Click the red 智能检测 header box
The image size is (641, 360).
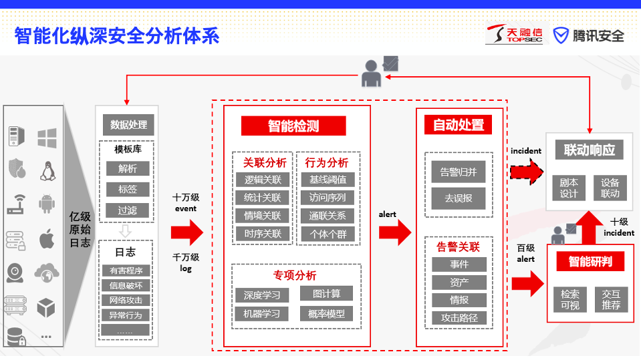[x=293, y=126]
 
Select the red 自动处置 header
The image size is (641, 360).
[x=459, y=125]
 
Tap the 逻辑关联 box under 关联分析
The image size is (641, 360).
[x=263, y=180]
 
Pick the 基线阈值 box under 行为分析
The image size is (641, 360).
[x=328, y=180]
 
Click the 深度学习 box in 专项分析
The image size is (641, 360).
[x=262, y=295]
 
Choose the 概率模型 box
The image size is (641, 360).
[x=326, y=313]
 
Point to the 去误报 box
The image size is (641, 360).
[x=459, y=198]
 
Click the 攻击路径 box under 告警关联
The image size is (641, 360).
[x=459, y=318]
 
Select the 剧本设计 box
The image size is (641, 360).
[x=569, y=188]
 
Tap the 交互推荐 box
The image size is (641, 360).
[x=611, y=299]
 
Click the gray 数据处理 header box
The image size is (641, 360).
[x=128, y=125]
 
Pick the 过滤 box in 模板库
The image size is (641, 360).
[x=128, y=210]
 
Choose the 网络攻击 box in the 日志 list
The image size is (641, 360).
[x=126, y=301]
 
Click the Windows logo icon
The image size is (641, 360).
[x=47, y=138]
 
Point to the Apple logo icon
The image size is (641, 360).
[x=47, y=238]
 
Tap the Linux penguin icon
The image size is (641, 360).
[x=47, y=171]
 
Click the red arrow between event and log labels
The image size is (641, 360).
[x=187, y=232]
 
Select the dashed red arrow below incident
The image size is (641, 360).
[x=527, y=172]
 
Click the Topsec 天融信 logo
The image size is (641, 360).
[x=514, y=34]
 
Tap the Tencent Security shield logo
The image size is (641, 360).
[x=561, y=35]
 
